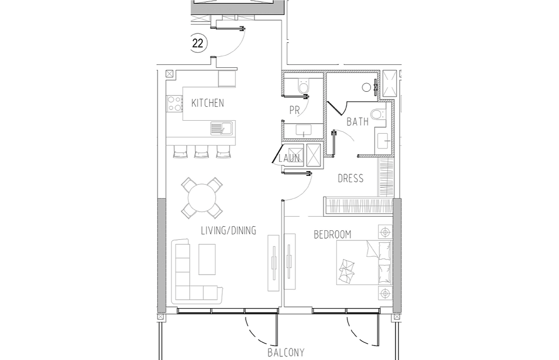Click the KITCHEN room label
(207, 103)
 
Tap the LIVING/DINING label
(229, 231)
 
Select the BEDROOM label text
(332, 235)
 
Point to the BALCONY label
(286, 353)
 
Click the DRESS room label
(351, 178)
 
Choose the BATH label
(358, 122)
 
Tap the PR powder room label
(294, 111)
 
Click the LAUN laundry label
(289, 158)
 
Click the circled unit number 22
(197, 43)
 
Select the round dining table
(202, 198)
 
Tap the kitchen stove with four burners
(175, 103)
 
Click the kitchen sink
(221, 128)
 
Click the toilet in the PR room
(304, 86)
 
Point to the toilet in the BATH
(377, 114)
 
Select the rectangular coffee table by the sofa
(207, 260)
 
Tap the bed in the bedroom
(364, 262)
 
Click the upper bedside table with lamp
(385, 232)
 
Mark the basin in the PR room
(304, 130)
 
